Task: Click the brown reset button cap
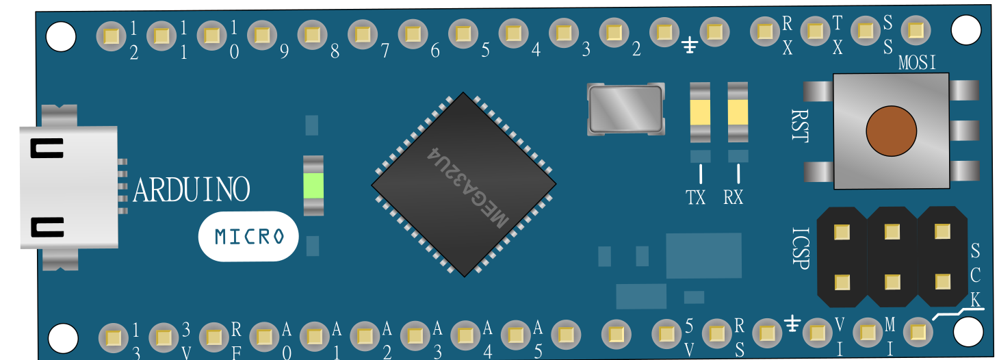[891, 131]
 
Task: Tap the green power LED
[313, 185]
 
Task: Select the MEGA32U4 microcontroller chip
[464, 185]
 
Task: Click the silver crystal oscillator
[625, 110]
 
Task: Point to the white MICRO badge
[248, 236]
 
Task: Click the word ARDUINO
[192, 190]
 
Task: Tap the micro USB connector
[69, 188]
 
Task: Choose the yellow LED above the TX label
[700, 112]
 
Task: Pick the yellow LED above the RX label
[738, 112]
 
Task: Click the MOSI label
[917, 63]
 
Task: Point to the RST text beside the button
[800, 126]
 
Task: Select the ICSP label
[801, 248]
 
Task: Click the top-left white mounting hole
[61, 36]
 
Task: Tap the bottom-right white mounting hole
[968, 331]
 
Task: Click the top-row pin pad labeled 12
[111, 36]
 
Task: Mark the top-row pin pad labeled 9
[262, 34]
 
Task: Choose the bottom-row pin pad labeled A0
[265, 337]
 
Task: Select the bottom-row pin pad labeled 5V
[666, 334]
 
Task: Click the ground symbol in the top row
[690, 45]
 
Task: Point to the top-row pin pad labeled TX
[815, 31]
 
